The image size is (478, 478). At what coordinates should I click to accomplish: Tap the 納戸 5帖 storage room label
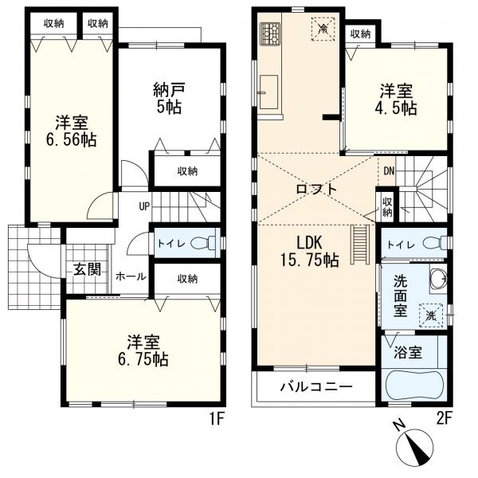(167, 98)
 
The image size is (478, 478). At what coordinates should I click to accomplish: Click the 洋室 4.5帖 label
(396, 100)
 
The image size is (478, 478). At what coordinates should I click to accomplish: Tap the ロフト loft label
(316, 189)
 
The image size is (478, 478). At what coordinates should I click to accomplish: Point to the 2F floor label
(445, 417)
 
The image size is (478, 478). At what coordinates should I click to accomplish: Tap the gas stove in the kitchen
(269, 34)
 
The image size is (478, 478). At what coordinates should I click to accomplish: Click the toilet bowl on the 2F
(434, 244)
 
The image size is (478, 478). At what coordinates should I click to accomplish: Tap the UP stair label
(144, 207)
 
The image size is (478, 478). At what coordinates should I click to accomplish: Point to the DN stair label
(388, 171)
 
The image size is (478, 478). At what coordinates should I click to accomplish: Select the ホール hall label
(131, 276)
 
